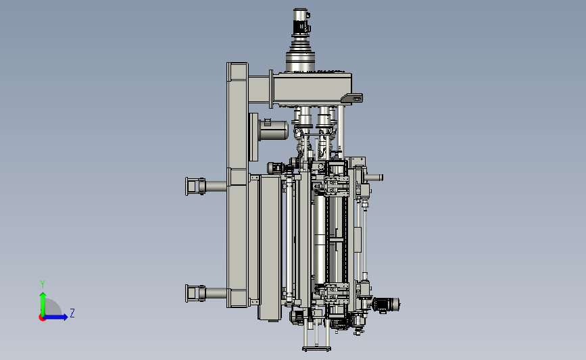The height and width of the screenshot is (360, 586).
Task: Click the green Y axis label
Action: pos(43,284)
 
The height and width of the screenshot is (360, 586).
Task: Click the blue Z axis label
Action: pos(72,313)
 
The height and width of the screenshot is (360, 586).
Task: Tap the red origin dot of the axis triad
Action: pos(42,318)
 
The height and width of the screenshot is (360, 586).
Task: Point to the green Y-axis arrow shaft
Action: pos(43,305)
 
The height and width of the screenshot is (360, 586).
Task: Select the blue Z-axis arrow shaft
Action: pos(55,317)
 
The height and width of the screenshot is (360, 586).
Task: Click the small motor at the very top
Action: pos(301,22)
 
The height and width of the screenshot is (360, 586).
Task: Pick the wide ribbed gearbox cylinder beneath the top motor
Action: pos(300,61)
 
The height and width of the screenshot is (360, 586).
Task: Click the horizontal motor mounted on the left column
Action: pos(273,130)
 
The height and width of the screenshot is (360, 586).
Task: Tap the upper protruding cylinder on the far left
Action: pos(205,186)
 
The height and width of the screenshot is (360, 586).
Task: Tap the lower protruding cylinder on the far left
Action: pos(205,293)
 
